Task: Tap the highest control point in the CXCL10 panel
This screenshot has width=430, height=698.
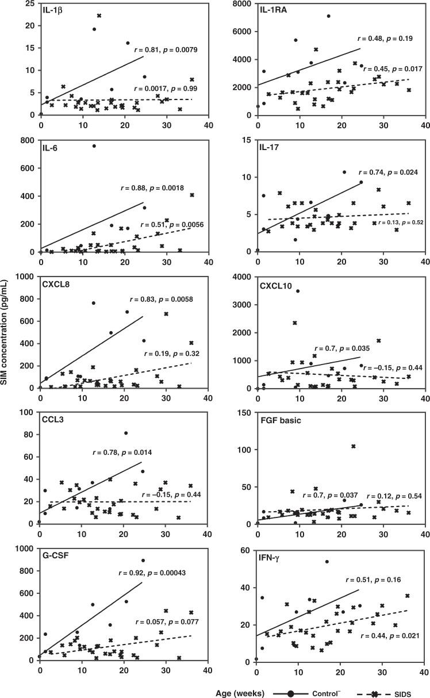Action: (297, 292)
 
